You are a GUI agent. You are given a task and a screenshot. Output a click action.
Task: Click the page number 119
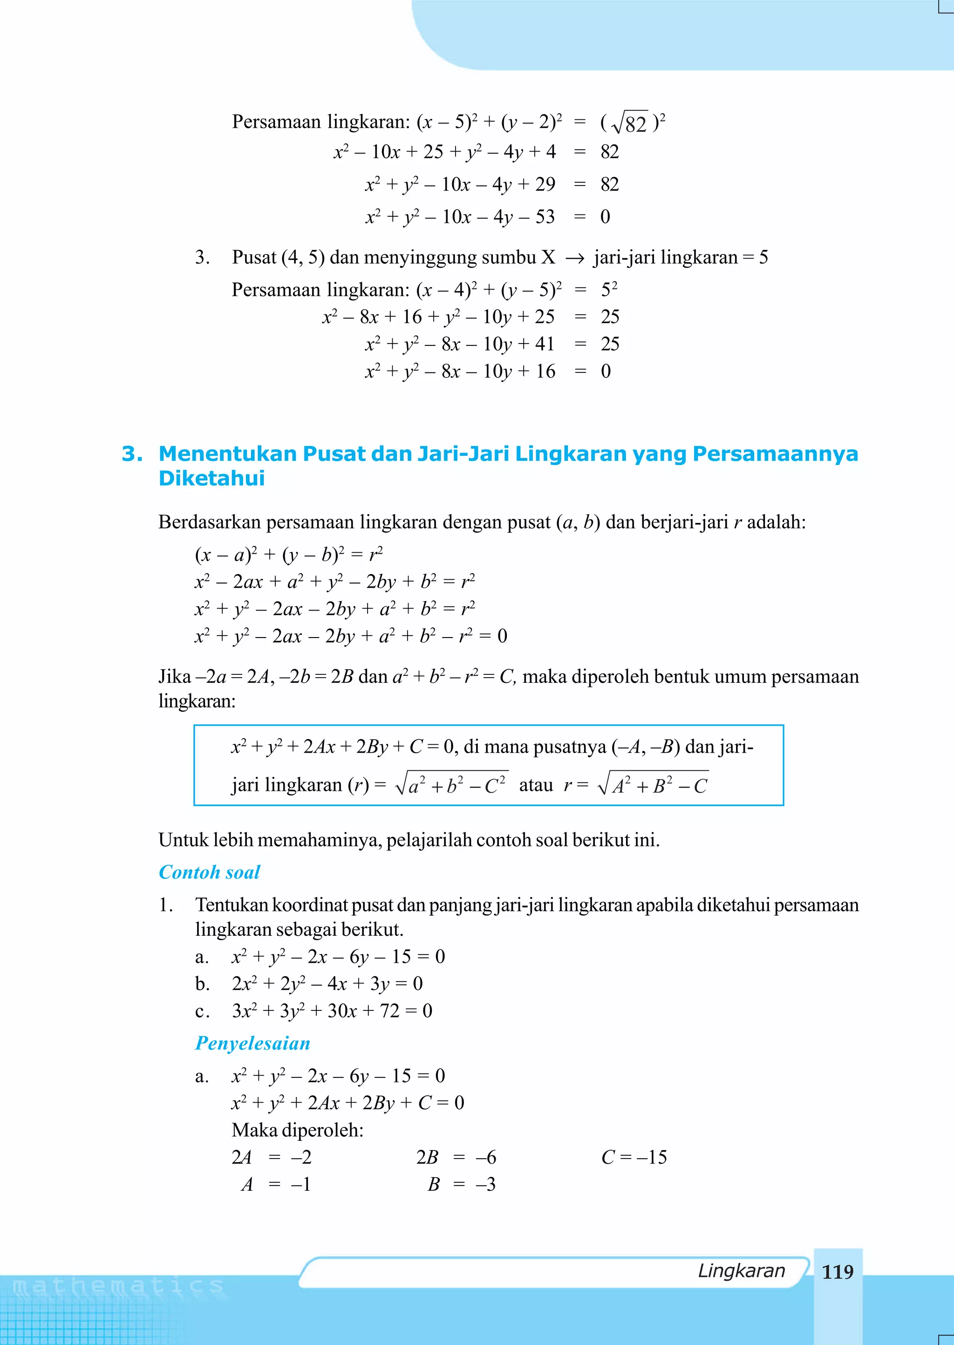click(x=837, y=1271)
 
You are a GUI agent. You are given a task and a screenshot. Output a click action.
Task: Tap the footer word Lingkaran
click(x=741, y=1270)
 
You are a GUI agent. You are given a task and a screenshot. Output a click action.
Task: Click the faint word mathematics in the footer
click(x=118, y=1287)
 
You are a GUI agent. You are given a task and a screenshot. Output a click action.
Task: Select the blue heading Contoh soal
click(x=209, y=872)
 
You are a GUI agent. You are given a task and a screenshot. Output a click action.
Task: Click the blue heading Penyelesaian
click(x=252, y=1043)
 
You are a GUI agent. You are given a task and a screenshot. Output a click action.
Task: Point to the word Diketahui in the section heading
click(x=211, y=478)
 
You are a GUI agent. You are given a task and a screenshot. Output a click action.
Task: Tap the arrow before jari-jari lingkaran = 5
click(x=574, y=258)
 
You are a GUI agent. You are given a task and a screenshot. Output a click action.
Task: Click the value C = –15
click(x=634, y=1157)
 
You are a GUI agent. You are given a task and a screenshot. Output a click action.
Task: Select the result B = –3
click(x=461, y=1184)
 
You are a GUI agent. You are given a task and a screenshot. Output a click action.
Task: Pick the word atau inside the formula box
click(x=536, y=786)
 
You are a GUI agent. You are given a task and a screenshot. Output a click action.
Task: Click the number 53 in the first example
click(x=545, y=217)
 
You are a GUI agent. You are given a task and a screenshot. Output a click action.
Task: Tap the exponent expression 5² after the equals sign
click(x=609, y=289)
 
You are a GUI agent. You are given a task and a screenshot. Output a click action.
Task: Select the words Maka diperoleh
click(x=297, y=1129)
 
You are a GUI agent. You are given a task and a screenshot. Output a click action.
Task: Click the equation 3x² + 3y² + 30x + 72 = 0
click(x=332, y=1011)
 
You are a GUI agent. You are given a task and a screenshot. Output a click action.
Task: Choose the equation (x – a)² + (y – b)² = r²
click(x=289, y=554)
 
